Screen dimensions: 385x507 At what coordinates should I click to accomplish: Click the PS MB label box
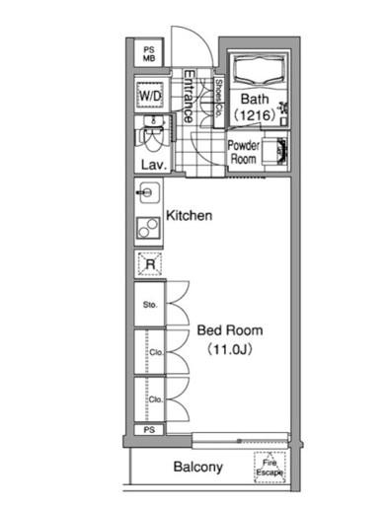click(149, 53)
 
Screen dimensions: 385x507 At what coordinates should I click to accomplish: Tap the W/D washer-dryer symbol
click(150, 96)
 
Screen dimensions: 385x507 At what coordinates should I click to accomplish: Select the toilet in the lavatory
click(153, 136)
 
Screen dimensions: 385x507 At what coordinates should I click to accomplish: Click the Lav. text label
click(153, 165)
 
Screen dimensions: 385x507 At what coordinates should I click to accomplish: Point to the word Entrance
click(189, 96)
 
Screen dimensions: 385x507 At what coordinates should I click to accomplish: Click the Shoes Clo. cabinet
click(218, 102)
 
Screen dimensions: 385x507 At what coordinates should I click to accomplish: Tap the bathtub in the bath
click(259, 70)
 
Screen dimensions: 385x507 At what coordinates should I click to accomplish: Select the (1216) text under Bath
click(255, 115)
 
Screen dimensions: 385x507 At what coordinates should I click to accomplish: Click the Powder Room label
click(244, 152)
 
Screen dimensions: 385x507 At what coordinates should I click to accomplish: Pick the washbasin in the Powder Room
click(275, 151)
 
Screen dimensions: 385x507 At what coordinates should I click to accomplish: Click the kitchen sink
click(148, 192)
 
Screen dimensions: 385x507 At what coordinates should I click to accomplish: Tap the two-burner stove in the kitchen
click(148, 228)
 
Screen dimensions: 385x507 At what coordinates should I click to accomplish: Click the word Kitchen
click(190, 216)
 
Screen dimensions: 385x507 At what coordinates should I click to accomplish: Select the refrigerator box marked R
click(150, 263)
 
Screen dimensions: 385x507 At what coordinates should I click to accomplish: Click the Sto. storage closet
click(149, 304)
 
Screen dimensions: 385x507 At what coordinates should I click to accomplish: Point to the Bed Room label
click(230, 330)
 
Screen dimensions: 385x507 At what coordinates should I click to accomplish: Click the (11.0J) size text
click(230, 349)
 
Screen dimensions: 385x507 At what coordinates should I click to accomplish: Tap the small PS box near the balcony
click(149, 430)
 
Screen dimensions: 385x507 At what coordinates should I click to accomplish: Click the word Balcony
click(198, 468)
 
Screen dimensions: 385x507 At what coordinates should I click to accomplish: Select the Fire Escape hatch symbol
click(269, 468)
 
